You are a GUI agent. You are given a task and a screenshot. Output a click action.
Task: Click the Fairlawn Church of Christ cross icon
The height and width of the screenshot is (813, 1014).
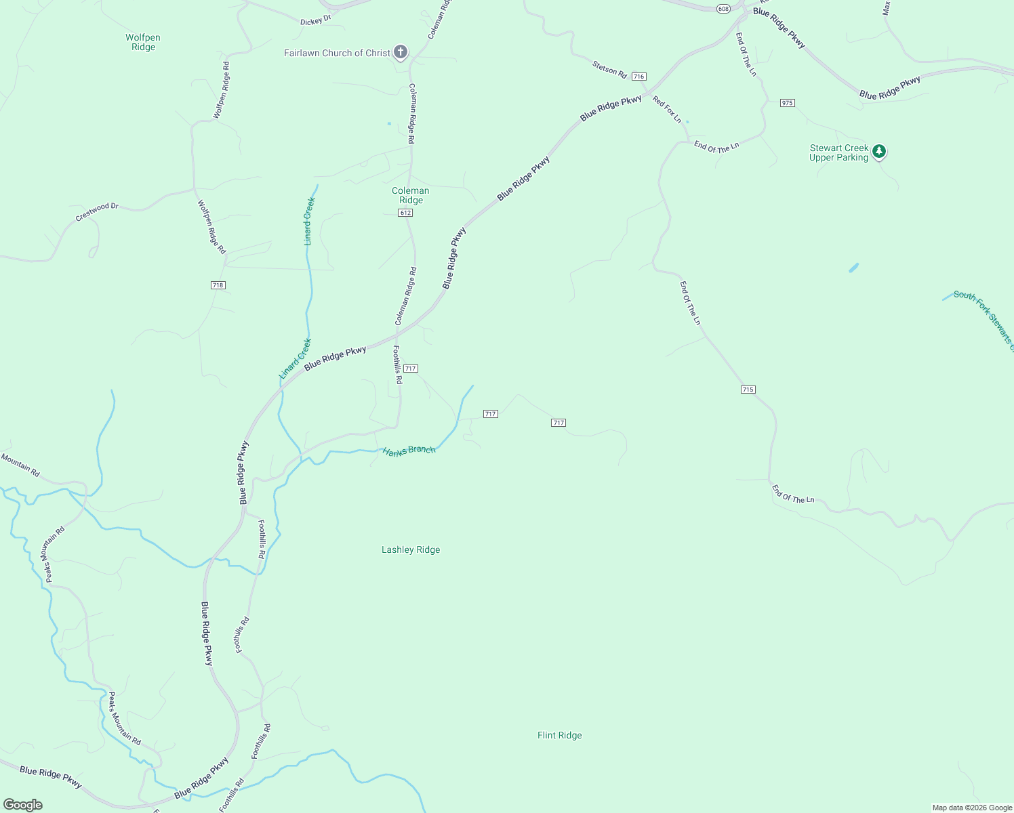coord(401,51)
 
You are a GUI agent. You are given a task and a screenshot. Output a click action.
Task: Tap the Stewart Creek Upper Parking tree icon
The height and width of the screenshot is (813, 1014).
coord(878,151)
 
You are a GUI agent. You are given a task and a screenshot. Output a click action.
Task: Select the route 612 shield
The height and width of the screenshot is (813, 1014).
coord(405,213)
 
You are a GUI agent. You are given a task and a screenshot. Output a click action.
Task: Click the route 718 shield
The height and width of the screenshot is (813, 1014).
coord(218,285)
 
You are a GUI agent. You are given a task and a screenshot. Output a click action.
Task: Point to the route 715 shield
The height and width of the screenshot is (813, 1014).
coord(748,390)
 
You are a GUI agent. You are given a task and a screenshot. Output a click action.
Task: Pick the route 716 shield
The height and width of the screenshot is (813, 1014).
coord(638,77)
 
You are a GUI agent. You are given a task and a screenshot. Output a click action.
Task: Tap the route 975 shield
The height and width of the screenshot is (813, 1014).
coord(787,103)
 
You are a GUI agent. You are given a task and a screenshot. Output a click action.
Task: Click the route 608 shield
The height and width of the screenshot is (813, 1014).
coord(723,8)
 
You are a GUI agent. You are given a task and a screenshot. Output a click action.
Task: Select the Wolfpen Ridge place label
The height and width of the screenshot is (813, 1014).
coord(143,42)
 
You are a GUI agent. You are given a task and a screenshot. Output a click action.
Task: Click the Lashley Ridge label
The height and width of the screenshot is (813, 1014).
coord(411,549)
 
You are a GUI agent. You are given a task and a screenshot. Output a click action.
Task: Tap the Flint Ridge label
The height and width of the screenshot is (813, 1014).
coord(559,735)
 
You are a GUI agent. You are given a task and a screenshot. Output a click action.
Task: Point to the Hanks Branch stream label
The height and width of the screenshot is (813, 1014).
coord(409,451)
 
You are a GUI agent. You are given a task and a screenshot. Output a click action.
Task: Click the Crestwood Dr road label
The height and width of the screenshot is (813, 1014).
coord(97,211)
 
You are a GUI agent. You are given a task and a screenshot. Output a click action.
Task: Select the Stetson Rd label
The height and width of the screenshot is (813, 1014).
coord(609,69)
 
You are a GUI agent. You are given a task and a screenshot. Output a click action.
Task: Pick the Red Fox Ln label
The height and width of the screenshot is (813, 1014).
coord(667,110)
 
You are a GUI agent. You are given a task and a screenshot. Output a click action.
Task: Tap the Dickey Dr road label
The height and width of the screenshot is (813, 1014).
coord(315,20)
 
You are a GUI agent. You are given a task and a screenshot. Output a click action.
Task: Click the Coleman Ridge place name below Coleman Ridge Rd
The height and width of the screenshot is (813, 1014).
coord(411,195)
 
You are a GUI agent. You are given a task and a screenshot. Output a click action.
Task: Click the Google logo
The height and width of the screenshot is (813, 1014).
coord(23,805)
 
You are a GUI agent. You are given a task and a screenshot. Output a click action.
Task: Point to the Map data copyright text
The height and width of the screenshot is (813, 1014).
coord(972,808)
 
